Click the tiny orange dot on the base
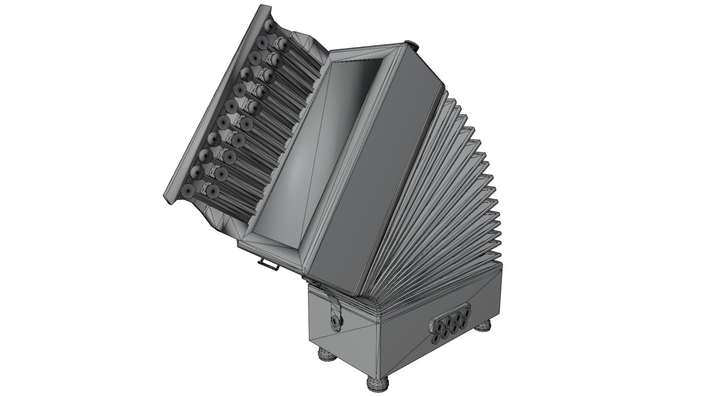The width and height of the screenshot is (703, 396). click(409, 341)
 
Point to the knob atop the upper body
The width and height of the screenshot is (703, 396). click(411, 45)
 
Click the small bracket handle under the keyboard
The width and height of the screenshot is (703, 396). click(267, 265)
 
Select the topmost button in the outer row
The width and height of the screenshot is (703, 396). click(270, 25)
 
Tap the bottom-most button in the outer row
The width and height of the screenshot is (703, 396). click(188, 190)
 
